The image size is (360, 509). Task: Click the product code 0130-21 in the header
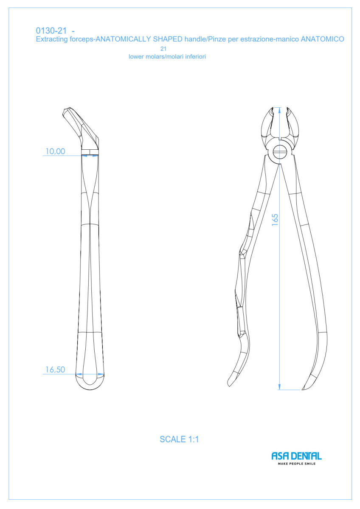pyautogui.click(x=51, y=31)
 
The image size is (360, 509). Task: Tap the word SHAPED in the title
pyautogui.click(x=168, y=39)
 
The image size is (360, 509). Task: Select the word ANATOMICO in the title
pyautogui.click(x=322, y=39)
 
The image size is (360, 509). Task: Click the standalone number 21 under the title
pyautogui.click(x=163, y=49)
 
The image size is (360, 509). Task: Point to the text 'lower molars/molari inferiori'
pyautogui.click(x=167, y=56)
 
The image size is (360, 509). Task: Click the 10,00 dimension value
pyautogui.click(x=55, y=151)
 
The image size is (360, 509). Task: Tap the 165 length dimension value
pyautogui.click(x=275, y=220)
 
